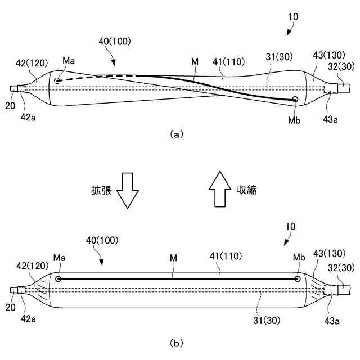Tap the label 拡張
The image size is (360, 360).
102,190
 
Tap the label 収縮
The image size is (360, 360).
246,190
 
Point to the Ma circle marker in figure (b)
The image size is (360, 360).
58,278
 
